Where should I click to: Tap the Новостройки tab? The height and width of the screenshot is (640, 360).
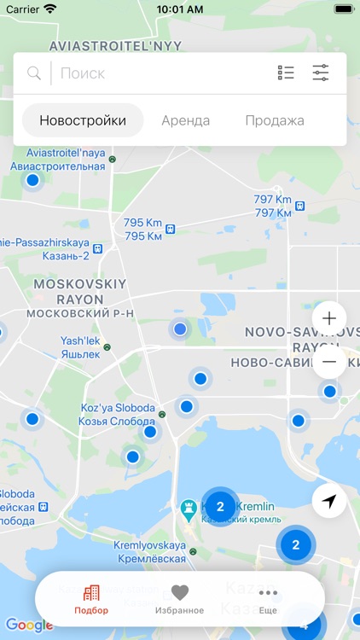pos(83,120)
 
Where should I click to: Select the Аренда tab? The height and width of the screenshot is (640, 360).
pos(185,120)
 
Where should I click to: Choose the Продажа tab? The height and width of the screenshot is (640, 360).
pos(274,120)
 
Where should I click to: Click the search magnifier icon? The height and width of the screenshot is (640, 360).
pos(34,73)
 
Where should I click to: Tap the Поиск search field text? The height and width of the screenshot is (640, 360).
pos(83,73)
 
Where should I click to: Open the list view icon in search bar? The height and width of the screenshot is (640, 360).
pos(286,73)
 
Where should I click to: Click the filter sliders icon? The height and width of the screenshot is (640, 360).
pos(321,73)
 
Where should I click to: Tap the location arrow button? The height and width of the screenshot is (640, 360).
pos(329,501)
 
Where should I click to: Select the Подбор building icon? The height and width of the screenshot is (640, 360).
pos(91,593)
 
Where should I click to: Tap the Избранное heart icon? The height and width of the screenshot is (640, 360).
pos(179,592)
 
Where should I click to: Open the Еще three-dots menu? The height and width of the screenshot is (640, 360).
pos(268,592)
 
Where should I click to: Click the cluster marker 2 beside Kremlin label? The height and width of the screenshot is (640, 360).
pos(220,507)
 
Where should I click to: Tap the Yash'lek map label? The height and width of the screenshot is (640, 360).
pos(80,347)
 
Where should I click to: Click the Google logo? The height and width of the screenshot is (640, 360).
pos(29,625)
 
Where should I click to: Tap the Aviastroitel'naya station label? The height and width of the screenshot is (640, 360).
pos(58,160)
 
